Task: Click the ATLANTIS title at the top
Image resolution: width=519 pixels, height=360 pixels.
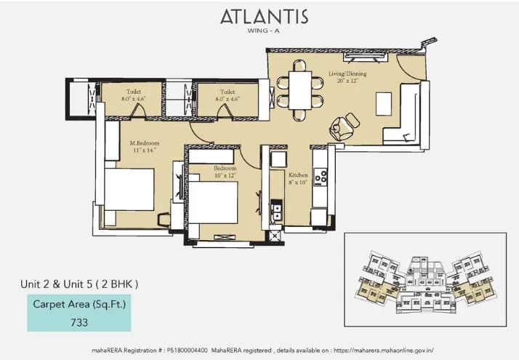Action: (x=264, y=17)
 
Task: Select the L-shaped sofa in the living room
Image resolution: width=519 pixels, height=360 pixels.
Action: (x=403, y=116)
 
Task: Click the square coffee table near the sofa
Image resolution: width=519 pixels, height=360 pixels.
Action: (x=384, y=104)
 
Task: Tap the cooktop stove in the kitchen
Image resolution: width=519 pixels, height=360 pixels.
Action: (x=320, y=176)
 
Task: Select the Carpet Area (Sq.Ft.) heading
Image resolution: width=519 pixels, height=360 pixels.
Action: (x=80, y=304)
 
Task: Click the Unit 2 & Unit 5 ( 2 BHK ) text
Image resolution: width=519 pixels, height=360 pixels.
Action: (x=79, y=283)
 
